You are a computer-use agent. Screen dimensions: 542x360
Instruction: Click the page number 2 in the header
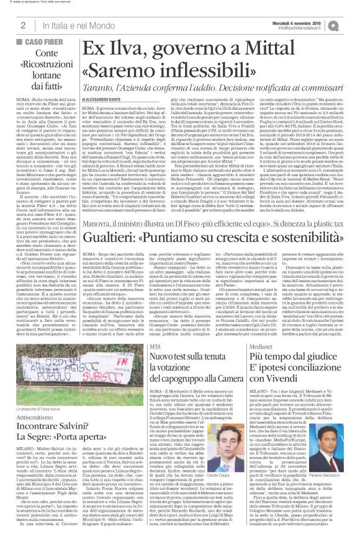point(22,25)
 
